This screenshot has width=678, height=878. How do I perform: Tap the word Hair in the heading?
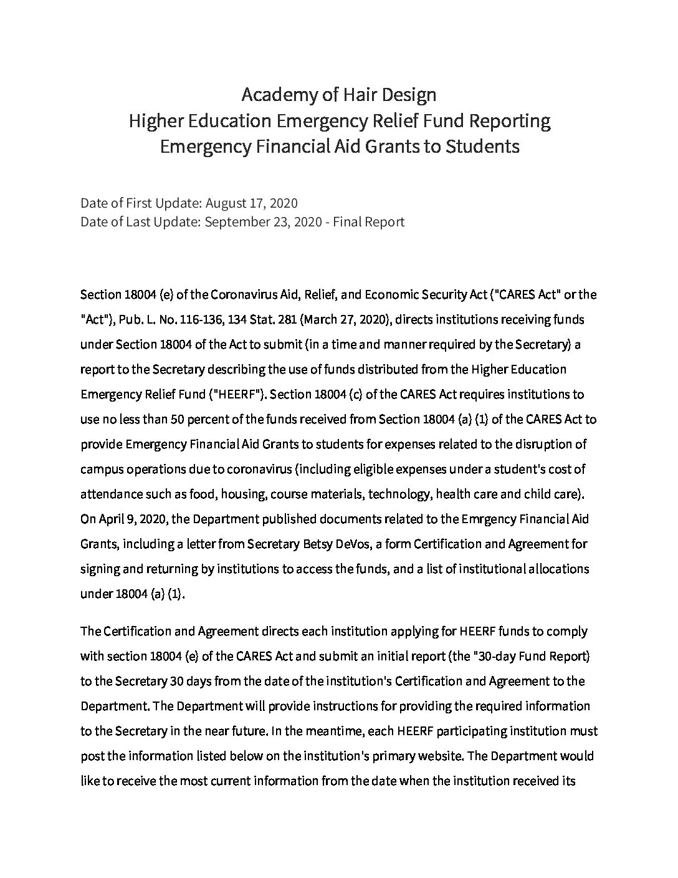356,95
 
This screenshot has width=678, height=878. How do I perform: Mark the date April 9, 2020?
131,519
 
